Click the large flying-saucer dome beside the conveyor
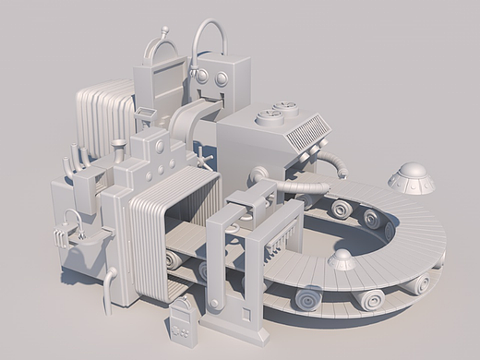pos(412,177)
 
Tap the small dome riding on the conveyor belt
pos(343,259)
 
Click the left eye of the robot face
pos(199,78)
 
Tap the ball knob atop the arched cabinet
pos(165,31)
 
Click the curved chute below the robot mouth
pos(188,118)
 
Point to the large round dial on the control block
pos(160,146)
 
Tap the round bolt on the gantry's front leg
pos(216,304)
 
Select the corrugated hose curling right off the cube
pos(334,164)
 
